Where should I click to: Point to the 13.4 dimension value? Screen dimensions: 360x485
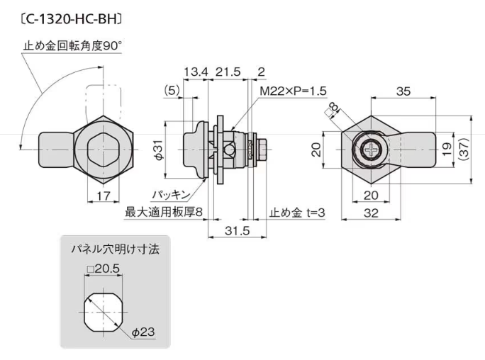point(195,72)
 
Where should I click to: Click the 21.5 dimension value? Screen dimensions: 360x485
point(228,72)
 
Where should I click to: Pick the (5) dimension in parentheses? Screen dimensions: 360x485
point(170,90)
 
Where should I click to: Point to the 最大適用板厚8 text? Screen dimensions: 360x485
point(165,211)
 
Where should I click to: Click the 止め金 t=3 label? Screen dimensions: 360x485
point(298,211)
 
